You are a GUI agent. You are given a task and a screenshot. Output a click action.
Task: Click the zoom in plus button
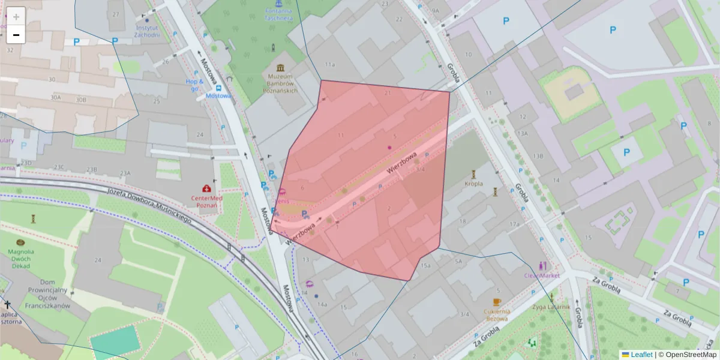16,16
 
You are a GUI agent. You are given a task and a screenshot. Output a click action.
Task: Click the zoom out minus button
16,35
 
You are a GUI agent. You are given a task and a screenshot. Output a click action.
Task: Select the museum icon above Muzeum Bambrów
281,67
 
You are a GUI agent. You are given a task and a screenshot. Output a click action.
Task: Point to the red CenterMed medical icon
207,188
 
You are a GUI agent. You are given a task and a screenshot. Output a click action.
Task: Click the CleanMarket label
541,275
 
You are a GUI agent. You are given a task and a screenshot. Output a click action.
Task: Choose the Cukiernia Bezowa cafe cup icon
497,302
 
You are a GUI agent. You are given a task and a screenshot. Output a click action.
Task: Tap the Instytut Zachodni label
148,31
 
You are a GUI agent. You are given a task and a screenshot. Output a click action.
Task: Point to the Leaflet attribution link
641,355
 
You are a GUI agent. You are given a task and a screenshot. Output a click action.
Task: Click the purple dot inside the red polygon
389,147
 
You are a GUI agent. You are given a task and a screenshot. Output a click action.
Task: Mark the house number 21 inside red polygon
387,93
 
